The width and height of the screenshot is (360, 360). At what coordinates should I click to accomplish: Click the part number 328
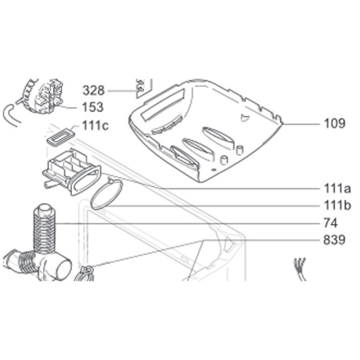(94, 90)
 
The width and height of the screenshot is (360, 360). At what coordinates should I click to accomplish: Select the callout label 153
(92, 107)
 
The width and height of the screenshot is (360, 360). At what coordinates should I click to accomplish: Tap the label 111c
(96, 126)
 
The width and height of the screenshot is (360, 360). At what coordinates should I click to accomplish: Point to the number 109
(334, 123)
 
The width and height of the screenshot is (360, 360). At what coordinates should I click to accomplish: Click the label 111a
(337, 189)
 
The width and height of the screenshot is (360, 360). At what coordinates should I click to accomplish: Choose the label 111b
(337, 206)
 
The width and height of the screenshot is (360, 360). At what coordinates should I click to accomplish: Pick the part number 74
(331, 223)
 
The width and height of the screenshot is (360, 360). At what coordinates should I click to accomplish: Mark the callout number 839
(334, 240)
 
